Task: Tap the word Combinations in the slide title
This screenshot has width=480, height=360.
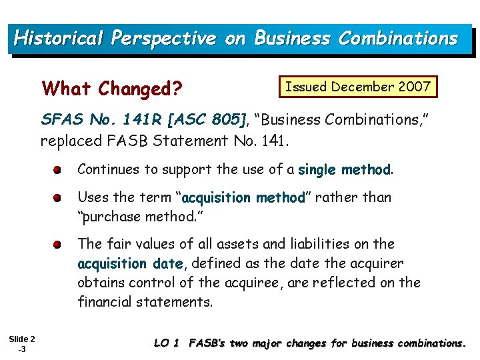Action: [398, 38]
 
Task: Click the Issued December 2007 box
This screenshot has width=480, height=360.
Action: [358, 87]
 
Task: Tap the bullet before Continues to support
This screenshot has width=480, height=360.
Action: [59, 170]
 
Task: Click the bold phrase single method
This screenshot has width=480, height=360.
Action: [344, 170]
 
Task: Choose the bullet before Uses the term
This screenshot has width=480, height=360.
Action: [59, 198]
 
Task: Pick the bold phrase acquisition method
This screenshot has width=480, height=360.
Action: [243, 198]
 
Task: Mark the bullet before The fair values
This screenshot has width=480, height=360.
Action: [59, 245]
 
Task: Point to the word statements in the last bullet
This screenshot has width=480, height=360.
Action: [175, 302]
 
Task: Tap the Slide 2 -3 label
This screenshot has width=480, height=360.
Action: [22, 344]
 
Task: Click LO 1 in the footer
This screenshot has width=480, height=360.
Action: [167, 343]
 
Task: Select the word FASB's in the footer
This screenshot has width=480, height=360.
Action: [208, 343]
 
